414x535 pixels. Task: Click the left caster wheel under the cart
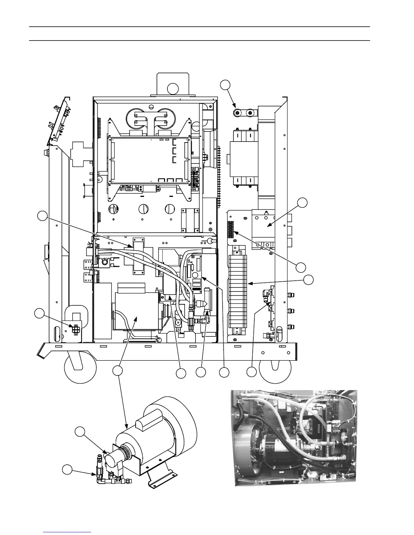pos(74,366)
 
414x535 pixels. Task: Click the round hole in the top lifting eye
pos(173,88)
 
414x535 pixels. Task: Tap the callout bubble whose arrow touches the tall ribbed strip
pos(308,280)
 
